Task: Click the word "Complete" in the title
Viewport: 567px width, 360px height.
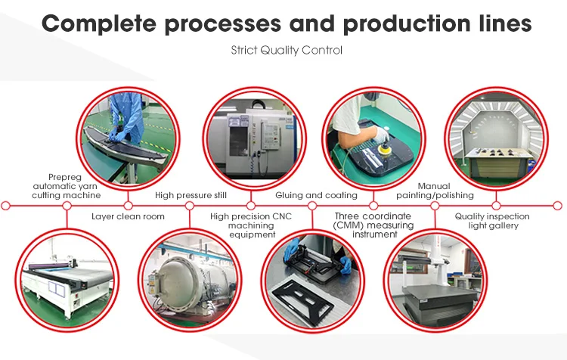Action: tap(99, 24)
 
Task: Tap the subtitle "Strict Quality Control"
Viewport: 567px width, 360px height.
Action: tap(287, 50)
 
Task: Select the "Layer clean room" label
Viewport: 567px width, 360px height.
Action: tap(128, 216)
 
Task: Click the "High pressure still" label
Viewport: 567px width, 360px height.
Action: tap(191, 195)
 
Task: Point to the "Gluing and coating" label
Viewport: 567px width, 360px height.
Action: tap(317, 195)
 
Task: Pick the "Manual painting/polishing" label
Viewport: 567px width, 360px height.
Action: tap(435, 191)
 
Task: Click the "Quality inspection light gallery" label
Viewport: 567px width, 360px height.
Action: tap(492, 221)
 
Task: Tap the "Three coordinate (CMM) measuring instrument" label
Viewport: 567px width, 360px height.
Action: tap(373, 225)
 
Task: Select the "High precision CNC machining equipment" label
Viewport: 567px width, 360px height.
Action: tap(251, 225)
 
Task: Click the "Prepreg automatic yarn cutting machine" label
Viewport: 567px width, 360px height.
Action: tap(67, 186)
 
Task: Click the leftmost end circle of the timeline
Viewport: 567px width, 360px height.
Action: tap(5, 206)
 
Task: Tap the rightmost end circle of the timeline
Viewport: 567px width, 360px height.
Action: tap(558, 206)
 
